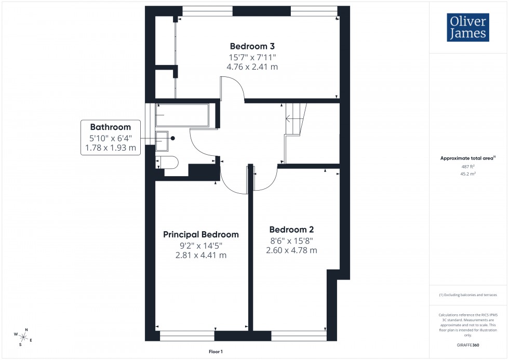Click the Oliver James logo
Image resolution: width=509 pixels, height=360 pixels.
click(467, 28)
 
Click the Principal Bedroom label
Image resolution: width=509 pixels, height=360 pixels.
click(201, 234)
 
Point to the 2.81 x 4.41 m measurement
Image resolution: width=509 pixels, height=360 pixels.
click(201, 255)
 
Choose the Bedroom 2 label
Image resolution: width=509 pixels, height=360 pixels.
click(291, 229)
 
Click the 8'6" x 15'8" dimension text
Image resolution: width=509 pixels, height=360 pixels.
click(291, 240)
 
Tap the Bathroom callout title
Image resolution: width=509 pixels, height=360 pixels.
click(110, 127)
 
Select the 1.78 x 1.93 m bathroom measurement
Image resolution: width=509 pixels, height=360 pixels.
click(110, 148)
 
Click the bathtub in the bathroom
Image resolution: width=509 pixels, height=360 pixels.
click(182, 115)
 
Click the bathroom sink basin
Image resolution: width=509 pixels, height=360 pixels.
click(162, 138)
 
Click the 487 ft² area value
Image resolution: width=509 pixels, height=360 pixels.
click(468, 167)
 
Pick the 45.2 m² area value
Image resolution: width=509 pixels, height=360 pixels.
click(468, 174)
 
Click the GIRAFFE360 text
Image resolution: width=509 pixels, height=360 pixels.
click(468, 344)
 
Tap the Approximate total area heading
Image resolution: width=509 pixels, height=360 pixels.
click(468, 158)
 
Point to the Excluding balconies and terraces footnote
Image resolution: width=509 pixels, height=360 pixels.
click(468, 295)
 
